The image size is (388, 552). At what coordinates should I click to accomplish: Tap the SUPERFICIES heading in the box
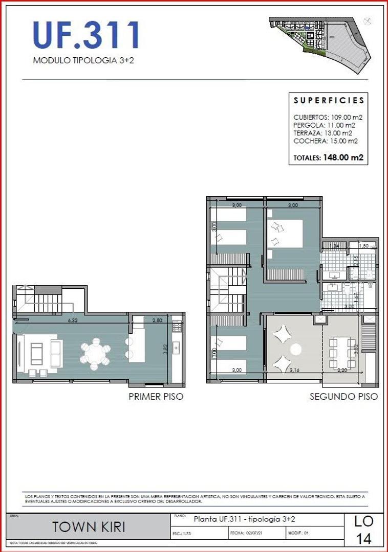click(x=329, y=101)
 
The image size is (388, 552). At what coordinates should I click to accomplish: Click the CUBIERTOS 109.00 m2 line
click(x=328, y=117)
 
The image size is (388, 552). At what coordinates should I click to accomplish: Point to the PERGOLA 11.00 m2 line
click(x=324, y=125)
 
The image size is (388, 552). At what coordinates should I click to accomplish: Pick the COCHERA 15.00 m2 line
click(x=325, y=141)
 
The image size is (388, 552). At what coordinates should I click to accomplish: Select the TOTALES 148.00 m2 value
click(x=328, y=158)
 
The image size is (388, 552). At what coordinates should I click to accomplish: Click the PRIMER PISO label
click(x=156, y=396)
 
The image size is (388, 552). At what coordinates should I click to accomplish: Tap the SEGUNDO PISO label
click(x=343, y=396)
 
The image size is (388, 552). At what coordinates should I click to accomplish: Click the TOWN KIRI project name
click(x=89, y=527)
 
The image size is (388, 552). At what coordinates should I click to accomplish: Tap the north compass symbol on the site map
click(x=367, y=21)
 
